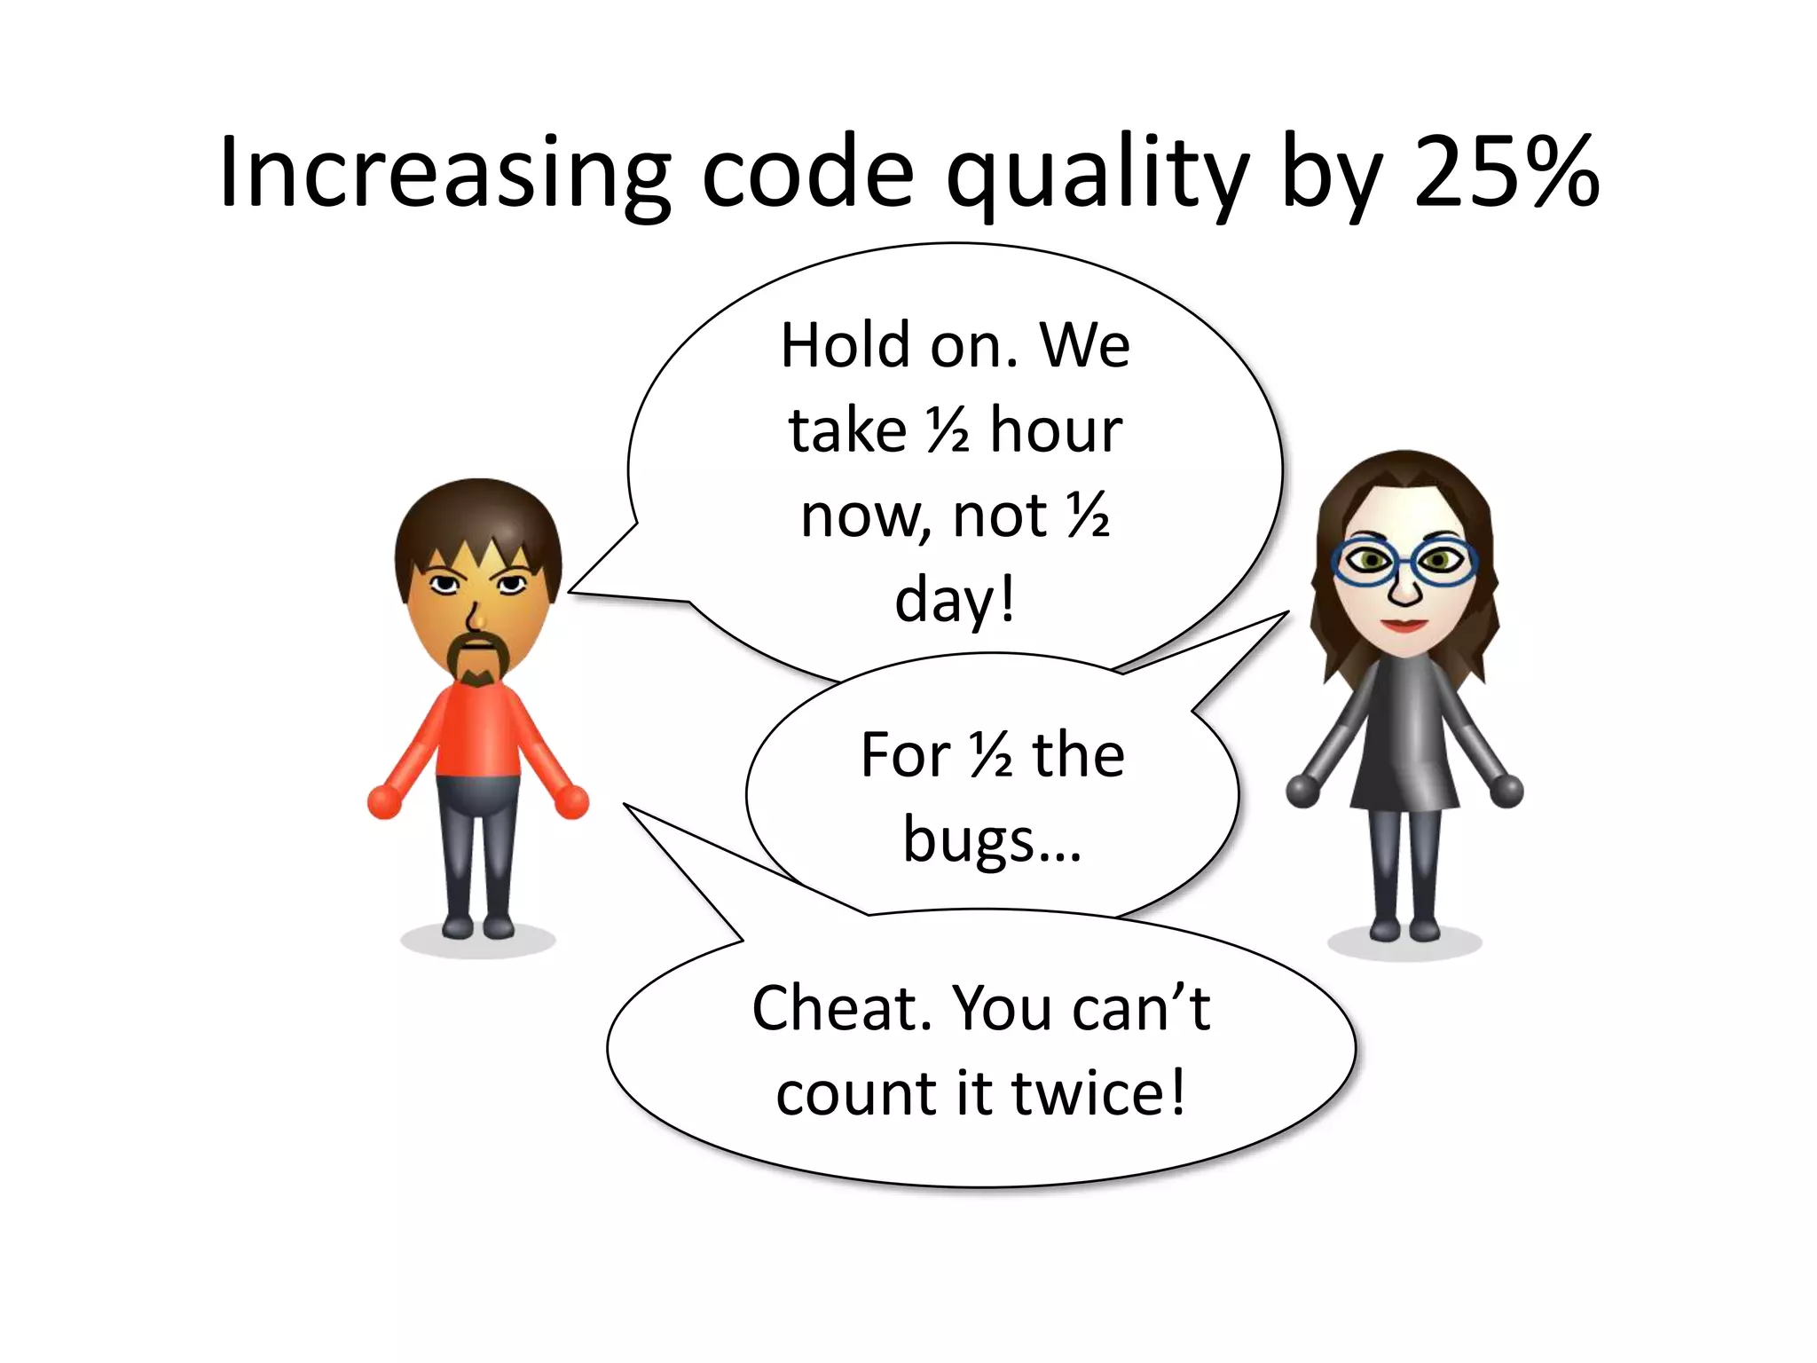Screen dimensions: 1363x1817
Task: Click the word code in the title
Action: point(807,172)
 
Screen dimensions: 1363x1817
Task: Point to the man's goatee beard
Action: point(478,661)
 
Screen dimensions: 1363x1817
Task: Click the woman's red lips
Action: point(1404,625)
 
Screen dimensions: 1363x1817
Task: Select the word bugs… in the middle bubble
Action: point(992,839)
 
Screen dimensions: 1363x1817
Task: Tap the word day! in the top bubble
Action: point(955,601)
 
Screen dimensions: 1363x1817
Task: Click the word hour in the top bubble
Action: point(1056,430)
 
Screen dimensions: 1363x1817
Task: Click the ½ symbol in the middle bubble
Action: point(992,755)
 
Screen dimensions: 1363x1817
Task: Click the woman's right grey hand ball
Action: point(1506,789)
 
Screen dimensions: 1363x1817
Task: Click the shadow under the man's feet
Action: point(478,941)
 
